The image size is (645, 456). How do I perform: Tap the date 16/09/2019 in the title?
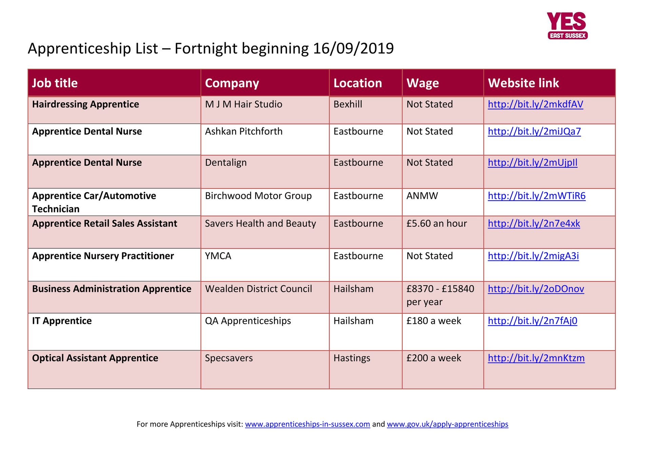click(x=353, y=48)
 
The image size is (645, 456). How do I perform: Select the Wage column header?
click(x=423, y=83)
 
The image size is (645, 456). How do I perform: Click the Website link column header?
click(x=523, y=83)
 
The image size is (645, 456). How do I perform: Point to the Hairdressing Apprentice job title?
click(x=85, y=104)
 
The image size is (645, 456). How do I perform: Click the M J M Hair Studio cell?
click(x=243, y=104)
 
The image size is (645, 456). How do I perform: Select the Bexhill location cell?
click(x=348, y=104)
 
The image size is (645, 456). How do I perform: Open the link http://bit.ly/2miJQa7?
click(x=534, y=131)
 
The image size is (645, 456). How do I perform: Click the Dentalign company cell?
click(x=226, y=163)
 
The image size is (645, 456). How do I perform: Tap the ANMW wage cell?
click(x=422, y=196)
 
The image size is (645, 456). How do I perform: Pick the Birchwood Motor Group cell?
click(x=258, y=196)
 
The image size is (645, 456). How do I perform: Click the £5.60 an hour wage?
click(x=437, y=224)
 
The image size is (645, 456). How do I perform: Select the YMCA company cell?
click(x=218, y=256)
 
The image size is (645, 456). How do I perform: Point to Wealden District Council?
click(x=258, y=289)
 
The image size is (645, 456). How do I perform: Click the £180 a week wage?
click(x=434, y=321)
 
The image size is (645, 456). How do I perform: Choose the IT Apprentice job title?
click(x=62, y=321)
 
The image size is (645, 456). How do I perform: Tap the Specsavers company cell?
click(x=229, y=358)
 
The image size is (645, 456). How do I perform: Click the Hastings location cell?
click(x=352, y=358)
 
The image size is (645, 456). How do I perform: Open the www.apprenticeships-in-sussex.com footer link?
click(x=307, y=424)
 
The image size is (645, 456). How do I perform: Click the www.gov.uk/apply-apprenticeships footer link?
click(x=447, y=424)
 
